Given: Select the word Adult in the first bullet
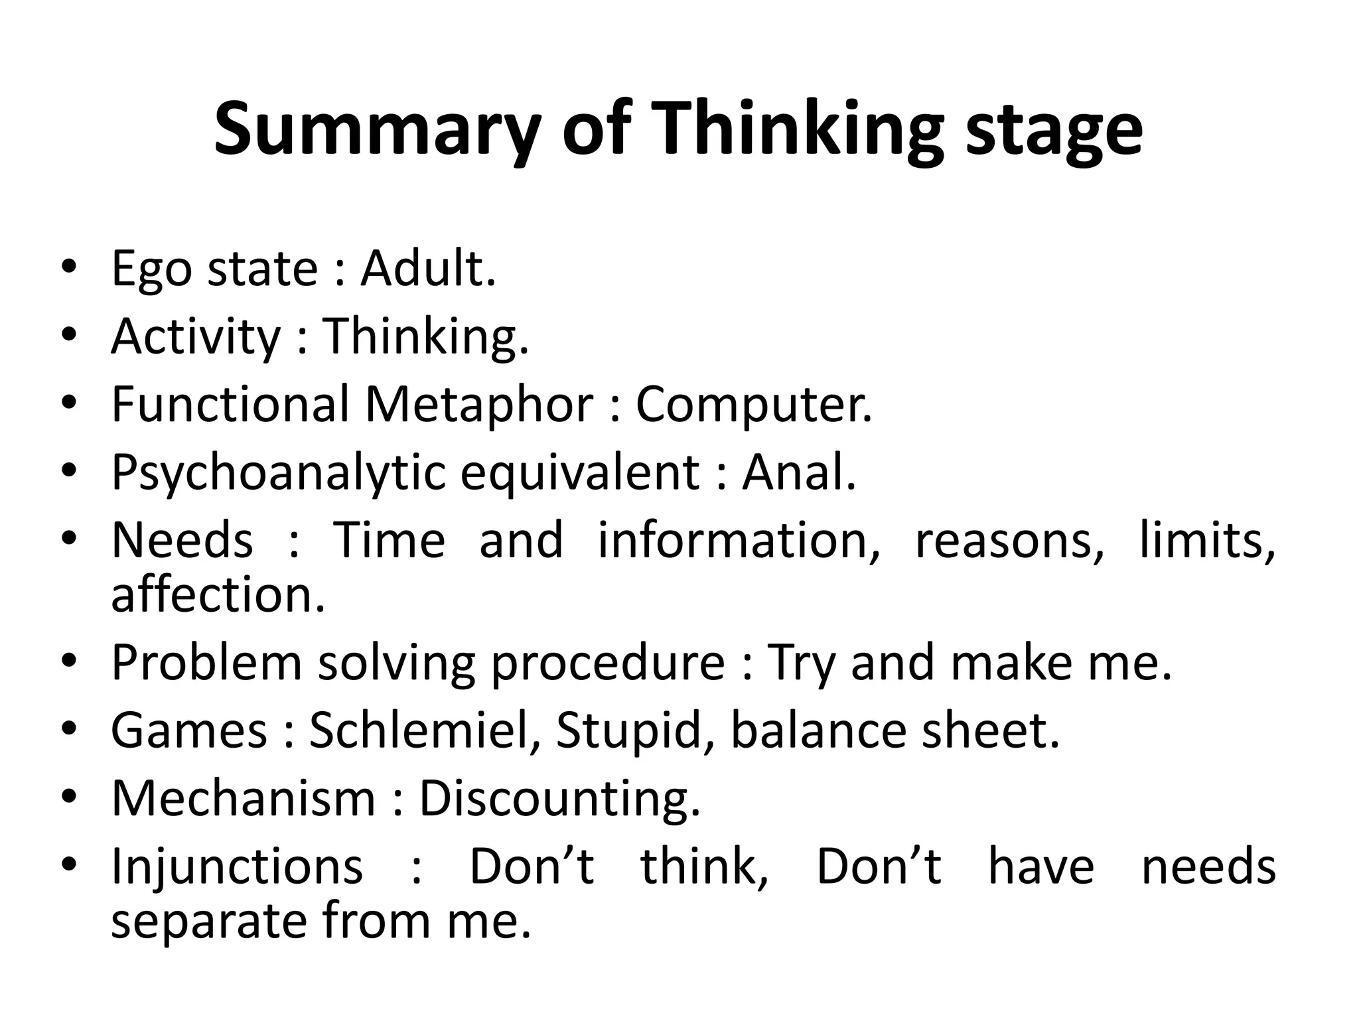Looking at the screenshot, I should pos(427,269).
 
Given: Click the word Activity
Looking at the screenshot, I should pos(196,337).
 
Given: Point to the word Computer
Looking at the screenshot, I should pos(753,405).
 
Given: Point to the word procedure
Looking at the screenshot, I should pos(608,663).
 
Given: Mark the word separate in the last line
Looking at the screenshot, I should pos(208,921).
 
